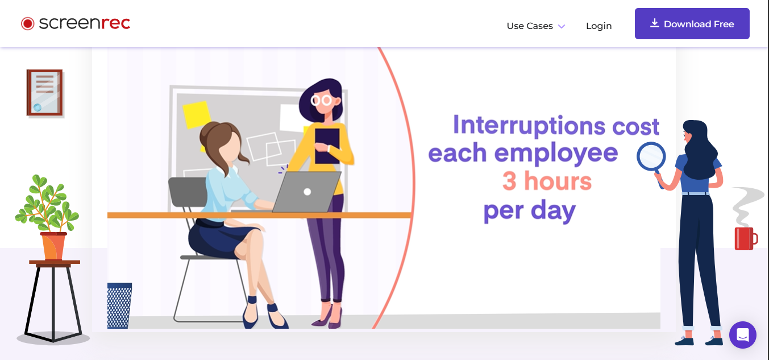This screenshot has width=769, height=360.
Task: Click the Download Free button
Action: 692,24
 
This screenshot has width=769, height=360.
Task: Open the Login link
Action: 598,26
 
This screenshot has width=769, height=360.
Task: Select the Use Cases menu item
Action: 535,26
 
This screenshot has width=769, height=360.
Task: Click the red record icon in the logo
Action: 27,24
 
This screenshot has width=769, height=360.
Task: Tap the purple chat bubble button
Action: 742,335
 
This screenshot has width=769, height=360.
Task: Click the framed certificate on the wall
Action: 45,93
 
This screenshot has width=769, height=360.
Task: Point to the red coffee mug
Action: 746,238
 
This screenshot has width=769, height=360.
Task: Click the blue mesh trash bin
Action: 119,305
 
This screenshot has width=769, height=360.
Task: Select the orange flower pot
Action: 53,246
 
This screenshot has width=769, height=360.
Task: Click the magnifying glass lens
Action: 651,156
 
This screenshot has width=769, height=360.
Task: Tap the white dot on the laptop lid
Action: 307,192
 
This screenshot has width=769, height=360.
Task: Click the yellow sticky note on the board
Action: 197,114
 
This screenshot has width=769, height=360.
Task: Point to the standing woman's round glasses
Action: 321,100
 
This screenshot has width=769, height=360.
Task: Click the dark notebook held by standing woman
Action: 327,146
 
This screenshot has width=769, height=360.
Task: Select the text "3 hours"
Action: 547,181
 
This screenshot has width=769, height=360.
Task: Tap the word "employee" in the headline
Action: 556,154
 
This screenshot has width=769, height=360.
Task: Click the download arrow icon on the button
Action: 655,23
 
